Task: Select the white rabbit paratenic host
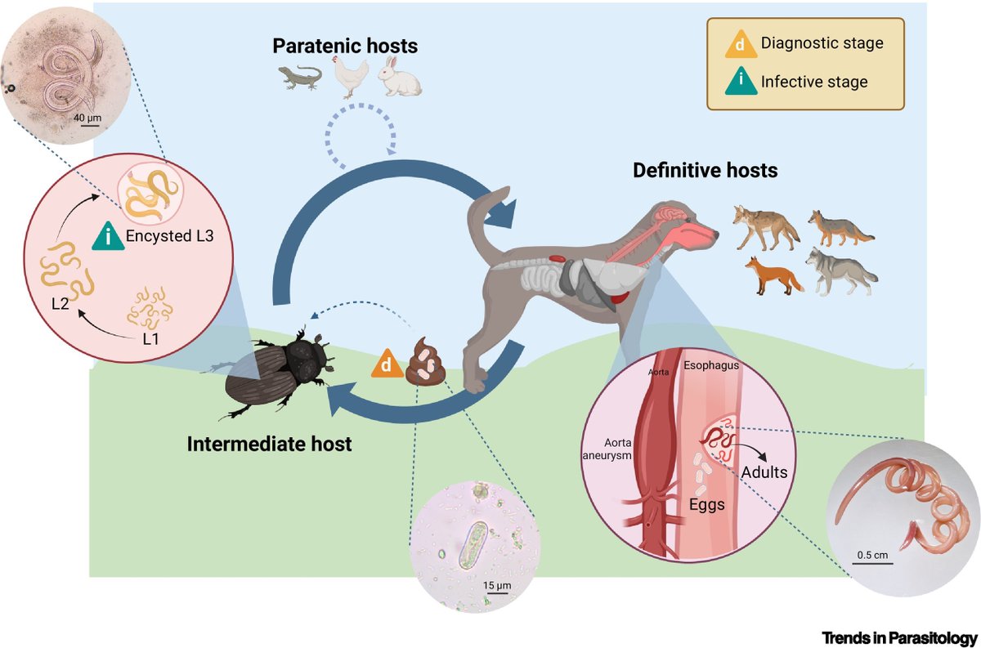click(401, 77)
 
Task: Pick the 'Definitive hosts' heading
click(704, 172)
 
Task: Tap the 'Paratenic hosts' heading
click(345, 46)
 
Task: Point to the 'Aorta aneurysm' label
click(612, 447)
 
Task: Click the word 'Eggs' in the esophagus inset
click(706, 504)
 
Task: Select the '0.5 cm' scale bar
click(873, 556)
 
